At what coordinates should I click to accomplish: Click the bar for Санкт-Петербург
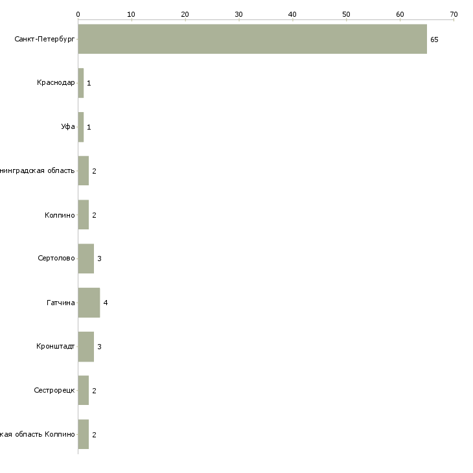click(252, 39)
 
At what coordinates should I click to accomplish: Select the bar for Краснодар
click(81, 83)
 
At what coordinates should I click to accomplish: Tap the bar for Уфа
click(81, 127)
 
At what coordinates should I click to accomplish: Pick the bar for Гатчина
click(89, 303)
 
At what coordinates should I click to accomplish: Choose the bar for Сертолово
click(86, 259)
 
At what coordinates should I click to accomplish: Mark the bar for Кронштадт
click(86, 347)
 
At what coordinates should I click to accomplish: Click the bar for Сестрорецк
click(84, 391)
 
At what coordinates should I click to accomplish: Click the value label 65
click(434, 40)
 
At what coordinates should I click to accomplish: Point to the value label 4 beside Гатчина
click(105, 303)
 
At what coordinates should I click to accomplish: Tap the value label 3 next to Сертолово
click(99, 259)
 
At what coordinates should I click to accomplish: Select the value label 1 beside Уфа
click(89, 127)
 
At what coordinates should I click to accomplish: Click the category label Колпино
click(60, 215)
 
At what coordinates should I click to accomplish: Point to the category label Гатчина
click(61, 303)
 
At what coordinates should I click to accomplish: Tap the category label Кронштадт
click(56, 347)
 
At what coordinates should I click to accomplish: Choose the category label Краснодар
click(56, 83)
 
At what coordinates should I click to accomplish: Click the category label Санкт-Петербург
click(45, 40)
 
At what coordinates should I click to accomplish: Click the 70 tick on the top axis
click(454, 14)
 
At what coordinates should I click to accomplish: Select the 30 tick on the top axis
click(239, 14)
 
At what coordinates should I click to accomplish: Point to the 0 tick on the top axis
click(78, 14)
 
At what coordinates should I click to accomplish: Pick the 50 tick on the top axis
click(346, 14)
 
